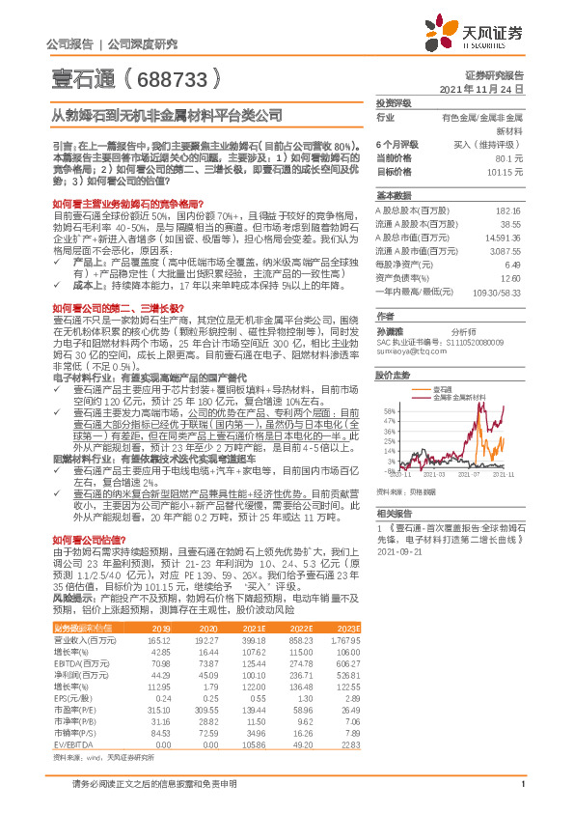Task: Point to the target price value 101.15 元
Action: (x=503, y=171)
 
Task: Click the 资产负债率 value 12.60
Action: (x=511, y=276)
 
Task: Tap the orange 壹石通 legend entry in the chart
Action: (x=442, y=386)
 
